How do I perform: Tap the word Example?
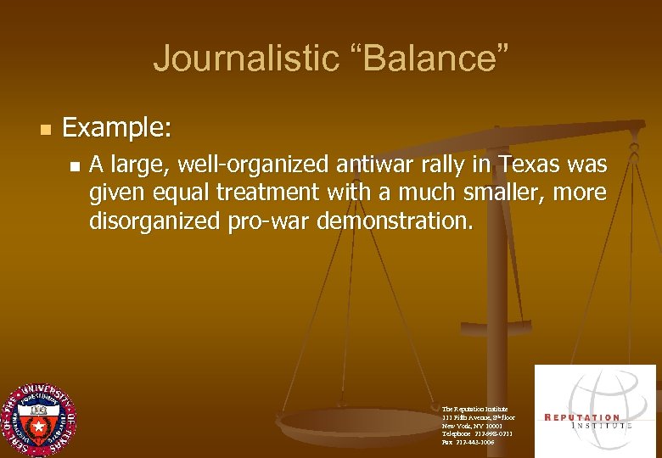[117, 128]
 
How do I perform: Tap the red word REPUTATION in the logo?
[581, 417]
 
